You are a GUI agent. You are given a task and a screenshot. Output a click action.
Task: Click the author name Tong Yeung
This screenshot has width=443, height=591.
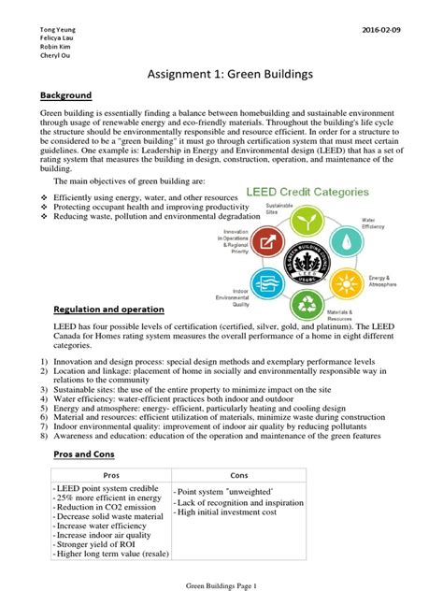(58, 30)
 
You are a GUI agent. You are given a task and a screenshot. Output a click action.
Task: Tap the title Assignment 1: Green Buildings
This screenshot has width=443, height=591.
(221, 75)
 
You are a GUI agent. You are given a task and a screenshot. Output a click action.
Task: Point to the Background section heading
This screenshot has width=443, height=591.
(65, 95)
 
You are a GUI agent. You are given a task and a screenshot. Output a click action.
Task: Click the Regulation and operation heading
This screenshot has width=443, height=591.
(108, 309)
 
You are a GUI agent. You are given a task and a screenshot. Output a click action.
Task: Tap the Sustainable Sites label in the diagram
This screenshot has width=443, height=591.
(278, 208)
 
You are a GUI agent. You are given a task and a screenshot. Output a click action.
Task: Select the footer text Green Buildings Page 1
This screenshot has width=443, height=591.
(221, 584)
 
